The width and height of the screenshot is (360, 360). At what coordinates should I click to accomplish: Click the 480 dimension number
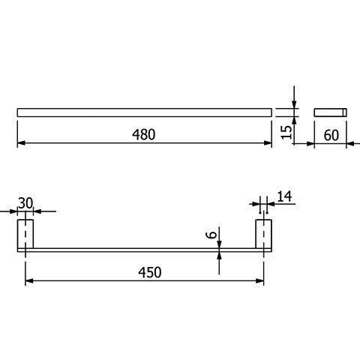[x=143, y=134]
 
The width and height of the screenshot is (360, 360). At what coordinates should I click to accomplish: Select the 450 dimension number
[x=150, y=272]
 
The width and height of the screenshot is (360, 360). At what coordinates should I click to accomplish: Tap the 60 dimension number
[x=331, y=136]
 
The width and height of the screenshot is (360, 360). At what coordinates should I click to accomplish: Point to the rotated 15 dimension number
[x=286, y=132]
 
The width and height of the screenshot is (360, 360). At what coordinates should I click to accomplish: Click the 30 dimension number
[x=25, y=203]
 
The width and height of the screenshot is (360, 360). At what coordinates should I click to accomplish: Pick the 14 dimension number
[x=284, y=196]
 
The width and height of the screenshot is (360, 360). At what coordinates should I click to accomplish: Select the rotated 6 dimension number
[x=211, y=235]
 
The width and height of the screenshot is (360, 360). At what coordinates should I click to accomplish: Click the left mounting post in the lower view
[x=25, y=234]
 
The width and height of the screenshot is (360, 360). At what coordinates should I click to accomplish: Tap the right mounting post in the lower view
[x=263, y=234]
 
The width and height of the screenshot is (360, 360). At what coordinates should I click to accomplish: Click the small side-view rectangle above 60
[x=330, y=112]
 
